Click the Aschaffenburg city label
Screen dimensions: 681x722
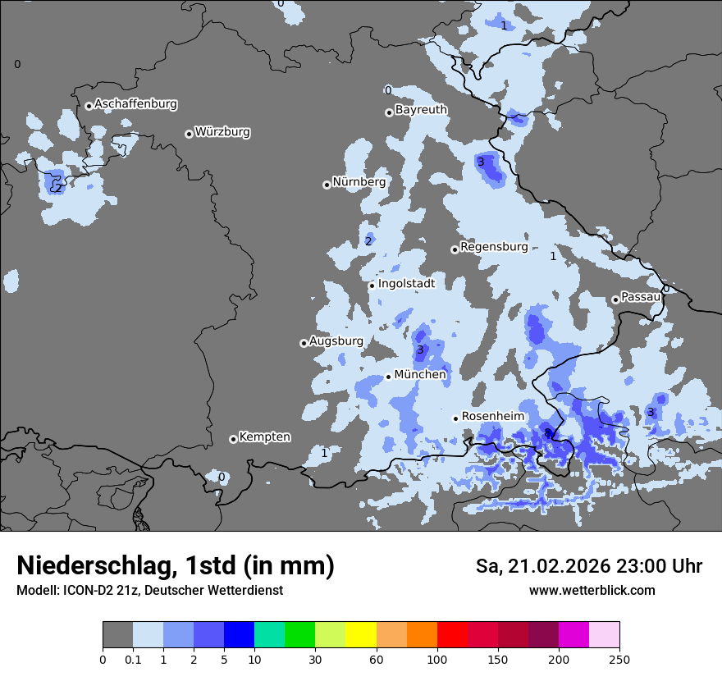[135, 104]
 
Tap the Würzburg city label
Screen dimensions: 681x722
[222, 132]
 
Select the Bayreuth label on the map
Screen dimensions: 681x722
[421, 110]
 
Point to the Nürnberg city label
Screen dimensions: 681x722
[359, 182]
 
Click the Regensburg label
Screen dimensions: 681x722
[494, 247]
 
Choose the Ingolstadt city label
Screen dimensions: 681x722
[406, 284]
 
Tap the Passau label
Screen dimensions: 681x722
[641, 297]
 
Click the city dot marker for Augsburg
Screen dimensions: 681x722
[304, 343]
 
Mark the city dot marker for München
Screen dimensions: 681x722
[389, 377]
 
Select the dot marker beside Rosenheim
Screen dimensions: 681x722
[455, 418]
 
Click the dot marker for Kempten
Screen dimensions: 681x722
[233, 439]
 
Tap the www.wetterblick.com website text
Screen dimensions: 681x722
[592, 591]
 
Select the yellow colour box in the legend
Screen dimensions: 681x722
[361, 635]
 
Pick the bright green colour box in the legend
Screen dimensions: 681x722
[300, 635]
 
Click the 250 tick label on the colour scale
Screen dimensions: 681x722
[619, 659]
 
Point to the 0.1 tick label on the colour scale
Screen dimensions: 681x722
[133, 659]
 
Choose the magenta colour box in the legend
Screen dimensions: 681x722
[574, 635]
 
